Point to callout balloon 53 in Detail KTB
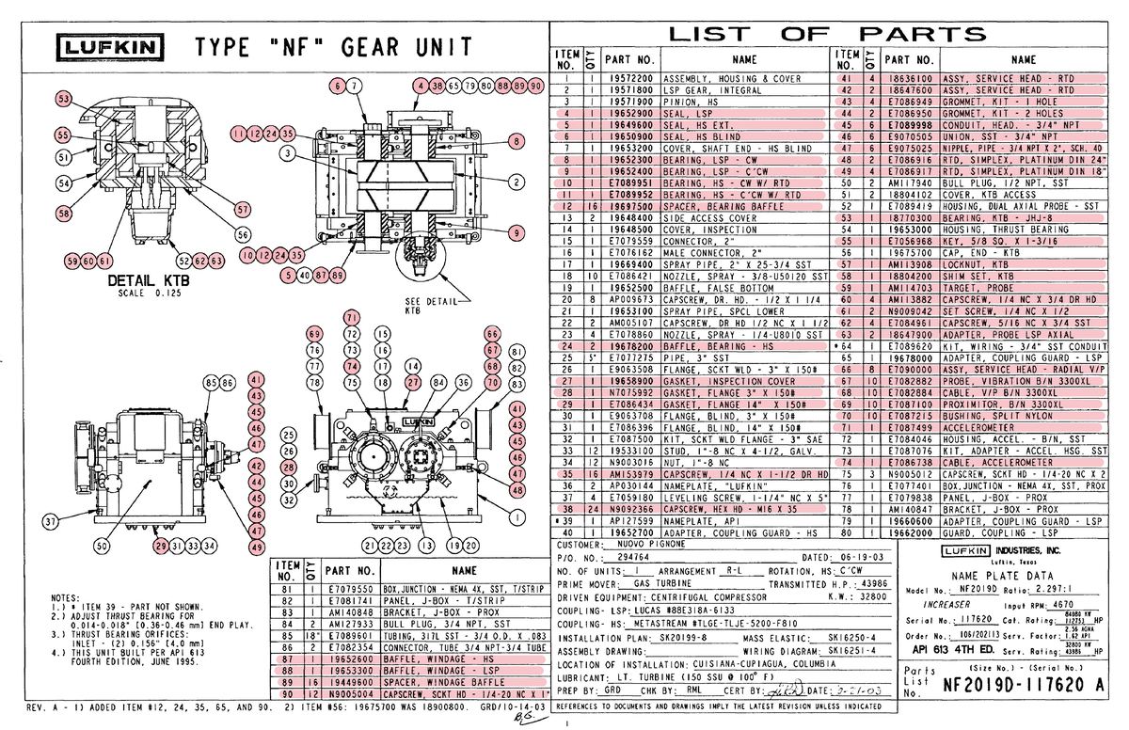click(63, 99)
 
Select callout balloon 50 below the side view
click(101, 545)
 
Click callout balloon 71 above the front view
click(351, 316)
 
